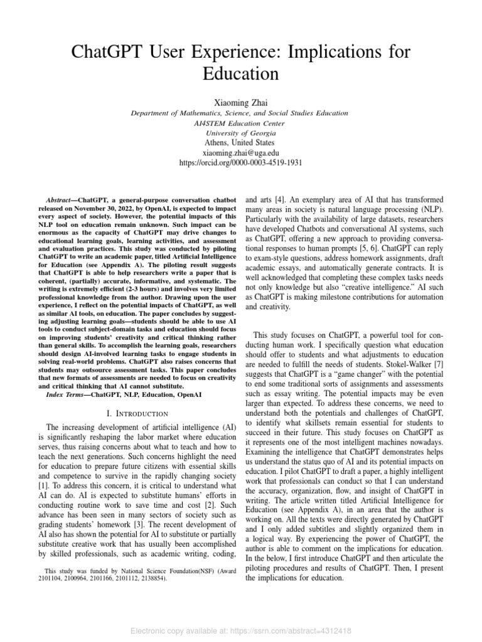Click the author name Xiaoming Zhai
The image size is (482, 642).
pos(241,100)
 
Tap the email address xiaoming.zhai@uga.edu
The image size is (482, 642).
pos(241,152)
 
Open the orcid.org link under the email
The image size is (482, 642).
pos(241,162)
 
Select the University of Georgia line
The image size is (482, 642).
pos(241,133)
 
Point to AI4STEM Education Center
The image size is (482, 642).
pos(241,123)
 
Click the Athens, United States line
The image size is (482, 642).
pos(241,142)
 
